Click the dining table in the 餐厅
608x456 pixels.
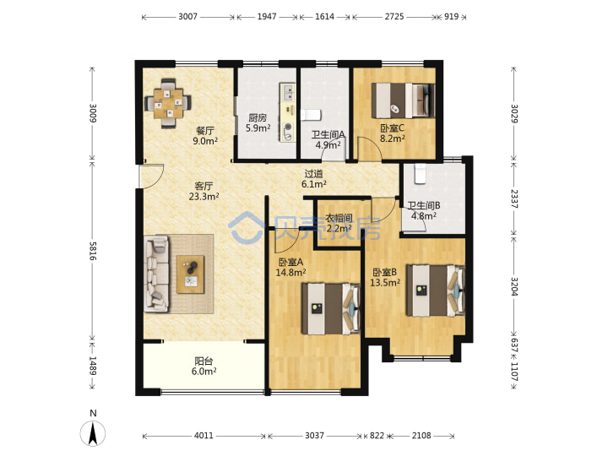coord(168,104)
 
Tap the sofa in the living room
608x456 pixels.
coord(157,274)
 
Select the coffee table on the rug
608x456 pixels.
coord(190,274)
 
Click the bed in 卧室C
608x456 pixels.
coord(403,100)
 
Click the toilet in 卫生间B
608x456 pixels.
coord(420,173)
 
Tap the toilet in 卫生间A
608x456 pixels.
coord(311,115)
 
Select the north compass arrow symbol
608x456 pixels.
coord(93,433)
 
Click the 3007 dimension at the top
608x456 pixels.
coord(187,17)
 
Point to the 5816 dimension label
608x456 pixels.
coord(93,251)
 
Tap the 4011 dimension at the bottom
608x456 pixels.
coord(204,436)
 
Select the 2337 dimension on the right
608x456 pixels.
coord(513,198)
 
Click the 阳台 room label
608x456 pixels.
coord(204,361)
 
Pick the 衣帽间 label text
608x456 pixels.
coord(339,218)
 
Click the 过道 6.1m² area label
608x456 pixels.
coord(313,179)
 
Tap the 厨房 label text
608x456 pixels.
coord(258,117)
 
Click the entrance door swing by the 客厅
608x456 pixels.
coord(152,176)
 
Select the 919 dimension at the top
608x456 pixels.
coord(451,17)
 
